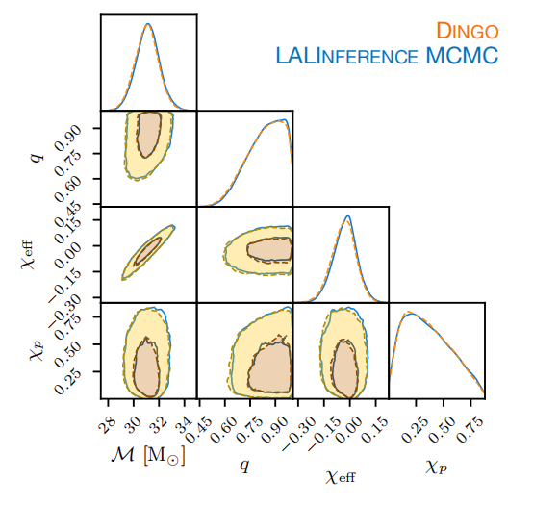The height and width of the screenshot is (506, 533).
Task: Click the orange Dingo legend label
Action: coord(468,31)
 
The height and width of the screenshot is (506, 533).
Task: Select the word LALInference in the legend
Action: coord(346,56)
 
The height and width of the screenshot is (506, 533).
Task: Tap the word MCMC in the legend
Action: coord(463,56)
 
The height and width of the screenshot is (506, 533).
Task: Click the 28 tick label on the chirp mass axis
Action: coord(107,424)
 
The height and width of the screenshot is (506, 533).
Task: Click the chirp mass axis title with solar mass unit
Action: coord(148,455)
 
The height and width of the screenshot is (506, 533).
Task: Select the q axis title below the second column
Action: coord(244,466)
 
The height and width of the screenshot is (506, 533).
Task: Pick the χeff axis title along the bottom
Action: coord(341,477)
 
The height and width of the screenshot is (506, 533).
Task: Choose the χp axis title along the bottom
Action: coord(437,468)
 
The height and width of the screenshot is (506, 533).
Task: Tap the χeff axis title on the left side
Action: coord(28,255)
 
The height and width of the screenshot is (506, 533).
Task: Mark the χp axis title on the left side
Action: coord(38,350)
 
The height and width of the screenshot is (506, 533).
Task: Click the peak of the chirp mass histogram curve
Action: coord(148,23)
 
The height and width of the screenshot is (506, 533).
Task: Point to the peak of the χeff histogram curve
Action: coord(347,215)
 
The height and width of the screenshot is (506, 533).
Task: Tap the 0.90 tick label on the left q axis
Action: coord(68,138)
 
